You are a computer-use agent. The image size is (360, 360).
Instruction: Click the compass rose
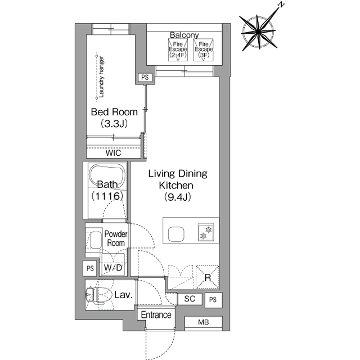click(x=258, y=32)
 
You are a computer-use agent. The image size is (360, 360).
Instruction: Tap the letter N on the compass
click(x=281, y=5)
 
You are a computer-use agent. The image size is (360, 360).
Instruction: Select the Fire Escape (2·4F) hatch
click(x=178, y=50)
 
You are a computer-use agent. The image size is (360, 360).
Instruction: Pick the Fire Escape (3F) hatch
click(x=204, y=50)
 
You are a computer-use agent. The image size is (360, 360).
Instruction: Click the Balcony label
click(x=184, y=35)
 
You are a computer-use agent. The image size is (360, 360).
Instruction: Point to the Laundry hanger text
click(x=101, y=77)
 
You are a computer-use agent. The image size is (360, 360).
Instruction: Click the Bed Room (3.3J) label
click(x=114, y=118)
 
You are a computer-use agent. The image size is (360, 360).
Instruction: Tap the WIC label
click(x=113, y=153)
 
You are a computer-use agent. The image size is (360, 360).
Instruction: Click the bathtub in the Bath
click(x=107, y=176)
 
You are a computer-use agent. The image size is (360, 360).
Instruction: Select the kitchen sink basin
click(x=176, y=234)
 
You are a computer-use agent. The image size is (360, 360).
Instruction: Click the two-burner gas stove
click(x=206, y=232)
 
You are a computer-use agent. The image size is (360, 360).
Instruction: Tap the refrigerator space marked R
click(x=208, y=277)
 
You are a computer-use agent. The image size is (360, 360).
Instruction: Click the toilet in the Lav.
click(x=98, y=294)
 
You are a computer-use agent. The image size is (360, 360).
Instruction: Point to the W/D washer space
click(x=113, y=264)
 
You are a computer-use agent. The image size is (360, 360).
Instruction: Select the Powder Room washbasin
click(x=96, y=240)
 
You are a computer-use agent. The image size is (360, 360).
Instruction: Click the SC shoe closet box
click(x=190, y=299)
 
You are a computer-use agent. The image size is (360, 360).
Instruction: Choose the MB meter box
click(x=204, y=322)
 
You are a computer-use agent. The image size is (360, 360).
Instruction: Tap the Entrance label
click(x=156, y=315)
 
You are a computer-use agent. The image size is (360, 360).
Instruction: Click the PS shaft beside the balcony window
click(x=145, y=78)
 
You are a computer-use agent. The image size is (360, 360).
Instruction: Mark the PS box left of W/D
click(x=90, y=268)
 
